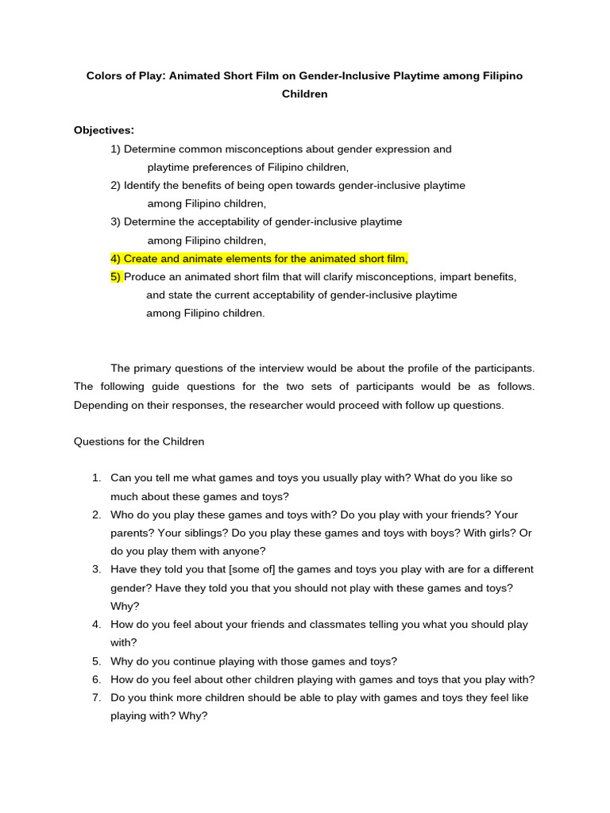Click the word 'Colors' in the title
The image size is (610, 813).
coord(105,76)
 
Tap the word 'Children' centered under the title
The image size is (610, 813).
coord(305,94)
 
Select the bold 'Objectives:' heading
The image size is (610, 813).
coord(104,130)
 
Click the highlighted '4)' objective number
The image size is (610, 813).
coord(116,259)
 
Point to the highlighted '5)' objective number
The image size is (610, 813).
coord(116,277)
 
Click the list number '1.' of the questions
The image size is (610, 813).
coord(96,478)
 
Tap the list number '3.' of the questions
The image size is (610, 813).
coord(96,570)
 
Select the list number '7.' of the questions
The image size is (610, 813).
coord(96,698)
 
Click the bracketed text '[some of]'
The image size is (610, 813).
coord(253,570)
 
